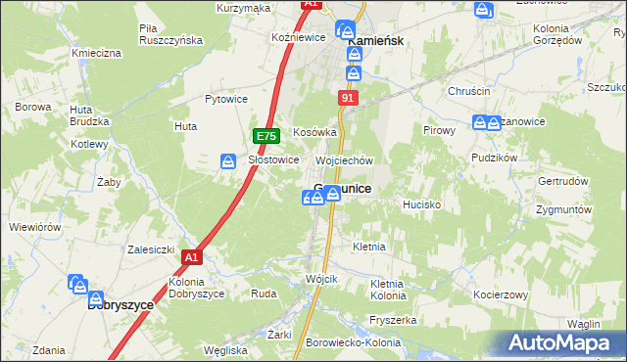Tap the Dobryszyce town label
coord(121,304)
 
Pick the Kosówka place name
coord(314,131)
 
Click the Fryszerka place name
coord(394,320)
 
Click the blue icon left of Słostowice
coord(228,161)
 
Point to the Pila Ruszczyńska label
coord(170,34)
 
